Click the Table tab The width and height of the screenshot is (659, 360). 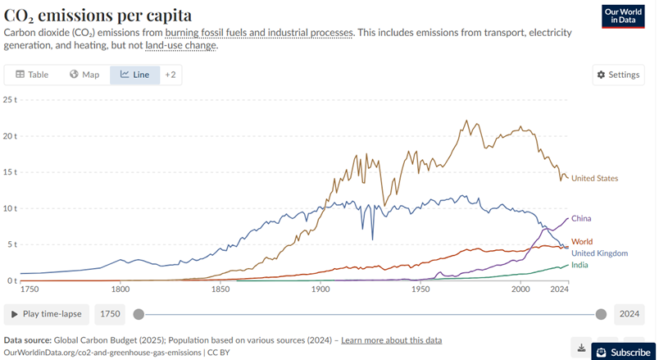pos(33,75)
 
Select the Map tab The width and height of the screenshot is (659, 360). pos(84,75)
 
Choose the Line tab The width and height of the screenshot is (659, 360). pos(134,75)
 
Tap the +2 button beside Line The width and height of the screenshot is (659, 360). pos(170,75)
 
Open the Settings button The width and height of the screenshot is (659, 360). pos(617,75)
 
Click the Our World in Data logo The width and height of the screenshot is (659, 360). pos(623,17)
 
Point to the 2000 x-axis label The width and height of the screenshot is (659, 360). pos(521,289)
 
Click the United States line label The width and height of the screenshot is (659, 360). pos(594,178)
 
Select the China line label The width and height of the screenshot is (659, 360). pos(581,219)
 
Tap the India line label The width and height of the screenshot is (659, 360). pos(580,264)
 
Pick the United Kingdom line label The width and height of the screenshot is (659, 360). pos(601,253)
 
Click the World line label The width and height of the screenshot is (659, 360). pos(582,242)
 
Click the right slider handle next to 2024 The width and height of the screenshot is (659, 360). pos(601,314)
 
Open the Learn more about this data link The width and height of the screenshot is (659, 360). pos(391,339)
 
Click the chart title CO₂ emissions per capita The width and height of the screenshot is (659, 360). pos(98,15)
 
